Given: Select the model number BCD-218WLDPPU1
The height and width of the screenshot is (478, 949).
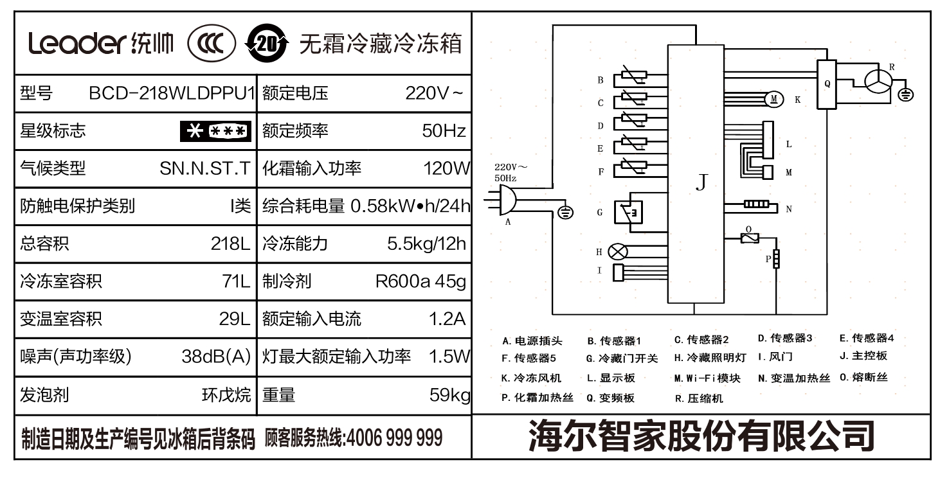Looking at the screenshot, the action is click(x=172, y=94).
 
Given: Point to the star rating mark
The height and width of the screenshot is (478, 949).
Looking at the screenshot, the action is click(x=215, y=131).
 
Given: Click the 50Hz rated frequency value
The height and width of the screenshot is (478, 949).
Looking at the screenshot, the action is click(x=444, y=131).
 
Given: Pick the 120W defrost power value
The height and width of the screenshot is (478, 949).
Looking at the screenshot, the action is click(x=446, y=169).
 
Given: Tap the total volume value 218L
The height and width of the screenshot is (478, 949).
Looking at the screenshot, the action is click(x=230, y=244).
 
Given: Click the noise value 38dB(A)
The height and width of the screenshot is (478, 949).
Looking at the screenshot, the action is click(x=216, y=357).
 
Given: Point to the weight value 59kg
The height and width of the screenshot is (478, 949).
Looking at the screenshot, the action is click(x=449, y=394).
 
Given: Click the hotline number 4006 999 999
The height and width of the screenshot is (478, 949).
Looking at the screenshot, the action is click(x=394, y=438).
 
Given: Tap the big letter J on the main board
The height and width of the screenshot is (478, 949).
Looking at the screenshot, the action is click(x=702, y=182).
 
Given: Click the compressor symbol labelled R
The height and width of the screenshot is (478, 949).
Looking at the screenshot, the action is click(x=877, y=82).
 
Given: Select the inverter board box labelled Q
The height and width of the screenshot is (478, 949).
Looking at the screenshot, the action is click(x=827, y=84).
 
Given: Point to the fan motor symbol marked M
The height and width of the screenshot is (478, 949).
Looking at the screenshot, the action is click(x=774, y=99).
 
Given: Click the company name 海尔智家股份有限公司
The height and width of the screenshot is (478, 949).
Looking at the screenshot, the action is click(x=701, y=436).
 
